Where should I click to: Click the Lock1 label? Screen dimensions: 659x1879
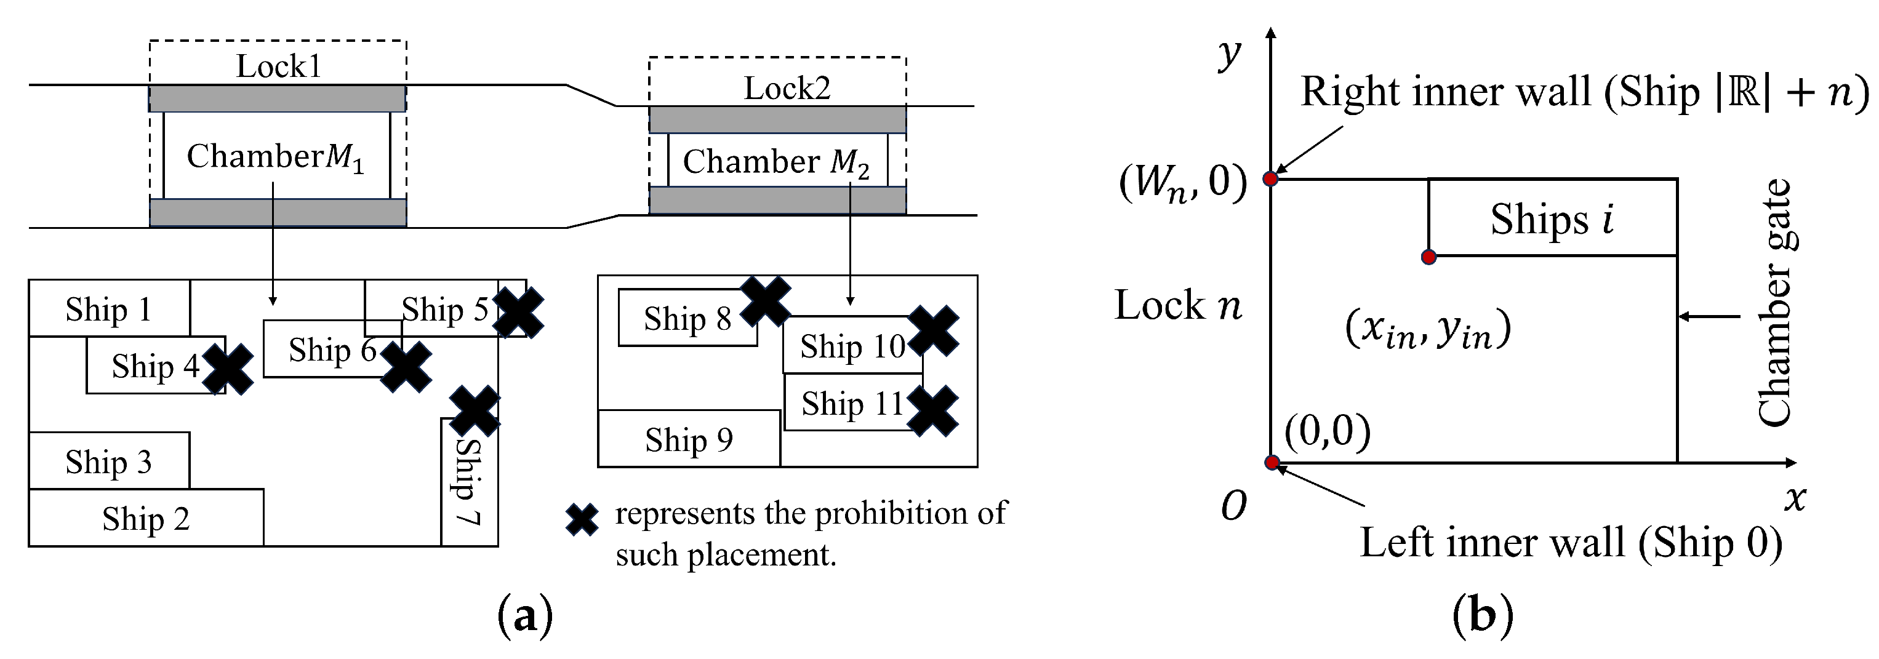click(278, 66)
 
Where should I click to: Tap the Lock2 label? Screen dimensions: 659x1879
click(787, 88)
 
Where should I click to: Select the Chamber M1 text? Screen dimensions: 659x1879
click(275, 157)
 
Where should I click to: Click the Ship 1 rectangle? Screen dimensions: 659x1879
click(110, 308)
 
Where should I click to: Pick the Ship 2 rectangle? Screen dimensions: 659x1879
click(146, 518)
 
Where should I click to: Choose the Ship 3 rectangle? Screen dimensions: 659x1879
click(110, 461)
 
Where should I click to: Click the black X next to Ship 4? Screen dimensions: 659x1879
click(228, 369)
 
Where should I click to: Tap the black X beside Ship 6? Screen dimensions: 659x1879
click(406, 367)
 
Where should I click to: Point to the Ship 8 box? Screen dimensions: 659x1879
click(687, 319)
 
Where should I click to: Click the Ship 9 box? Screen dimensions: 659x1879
click(689, 439)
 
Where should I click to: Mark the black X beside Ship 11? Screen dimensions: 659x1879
click(932, 411)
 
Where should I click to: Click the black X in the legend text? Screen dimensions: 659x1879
click(582, 520)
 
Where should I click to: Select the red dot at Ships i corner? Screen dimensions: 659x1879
click(1429, 257)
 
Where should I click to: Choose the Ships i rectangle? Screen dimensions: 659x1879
click(1552, 218)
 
